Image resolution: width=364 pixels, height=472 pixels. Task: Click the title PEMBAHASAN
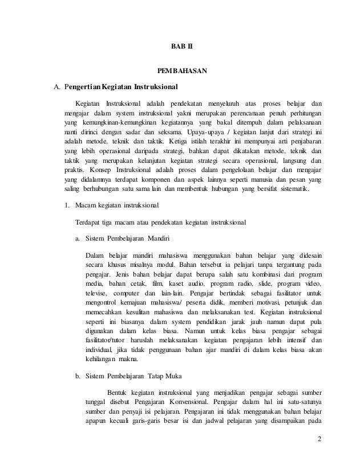click(182, 71)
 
